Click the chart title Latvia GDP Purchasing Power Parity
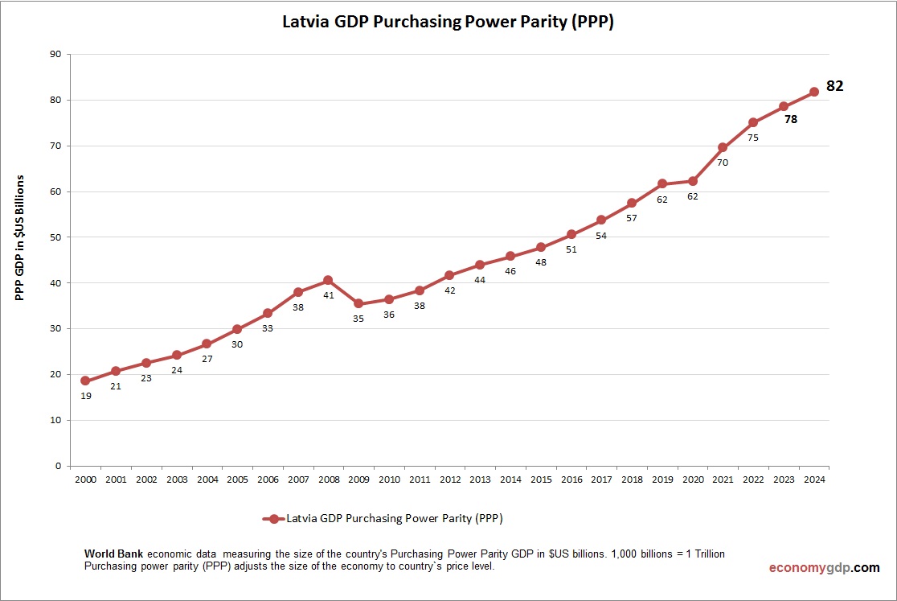(x=448, y=22)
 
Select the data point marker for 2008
(x=328, y=281)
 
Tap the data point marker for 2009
(x=358, y=304)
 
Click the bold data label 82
(x=835, y=86)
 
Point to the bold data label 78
(x=791, y=119)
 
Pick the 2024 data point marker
(x=813, y=92)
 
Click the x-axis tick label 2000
(x=85, y=480)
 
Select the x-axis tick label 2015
(x=541, y=480)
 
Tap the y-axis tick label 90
(x=55, y=55)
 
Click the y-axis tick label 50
(x=55, y=237)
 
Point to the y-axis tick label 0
(x=59, y=466)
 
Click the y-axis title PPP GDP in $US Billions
(x=21, y=237)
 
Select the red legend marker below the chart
(x=273, y=519)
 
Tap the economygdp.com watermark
(x=824, y=568)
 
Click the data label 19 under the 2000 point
(x=86, y=396)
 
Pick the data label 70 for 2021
(x=723, y=163)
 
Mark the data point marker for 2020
(x=692, y=181)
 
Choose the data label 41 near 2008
(x=328, y=295)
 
